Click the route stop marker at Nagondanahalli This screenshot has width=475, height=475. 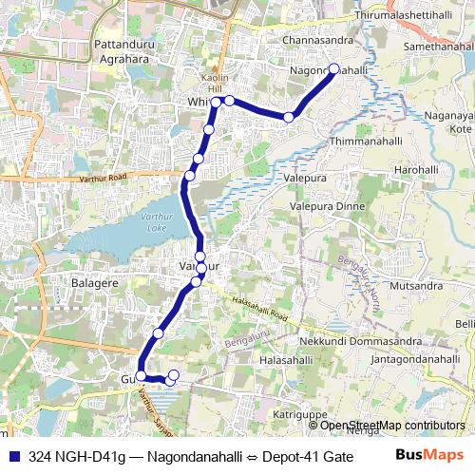(x=333, y=68)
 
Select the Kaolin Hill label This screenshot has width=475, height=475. (x=212, y=83)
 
